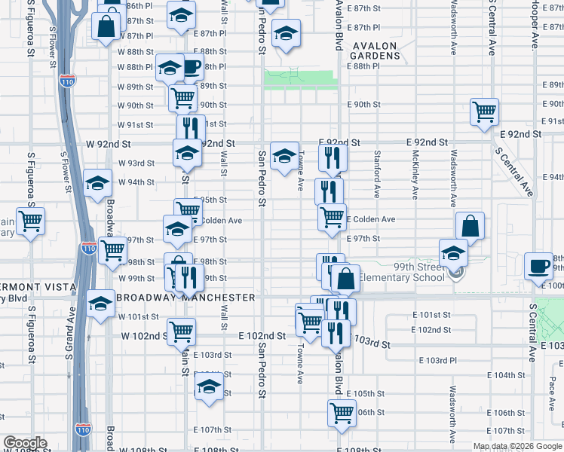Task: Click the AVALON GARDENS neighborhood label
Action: coord(375,50)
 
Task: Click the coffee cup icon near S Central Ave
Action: coord(538,266)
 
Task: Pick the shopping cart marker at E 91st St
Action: coord(484,111)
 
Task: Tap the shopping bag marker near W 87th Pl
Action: coord(106,25)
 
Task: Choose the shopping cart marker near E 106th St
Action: coord(342,413)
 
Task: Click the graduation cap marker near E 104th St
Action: coord(209,388)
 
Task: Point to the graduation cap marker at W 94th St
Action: coord(97,183)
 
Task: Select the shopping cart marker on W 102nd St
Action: coord(181,331)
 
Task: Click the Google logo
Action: coord(24,443)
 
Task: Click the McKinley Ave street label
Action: coord(415,174)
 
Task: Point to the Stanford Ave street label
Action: coord(376,174)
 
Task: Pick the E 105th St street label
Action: coord(365,394)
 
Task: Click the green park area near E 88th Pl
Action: coord(299,79)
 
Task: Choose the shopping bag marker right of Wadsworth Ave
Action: coord(470,225)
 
